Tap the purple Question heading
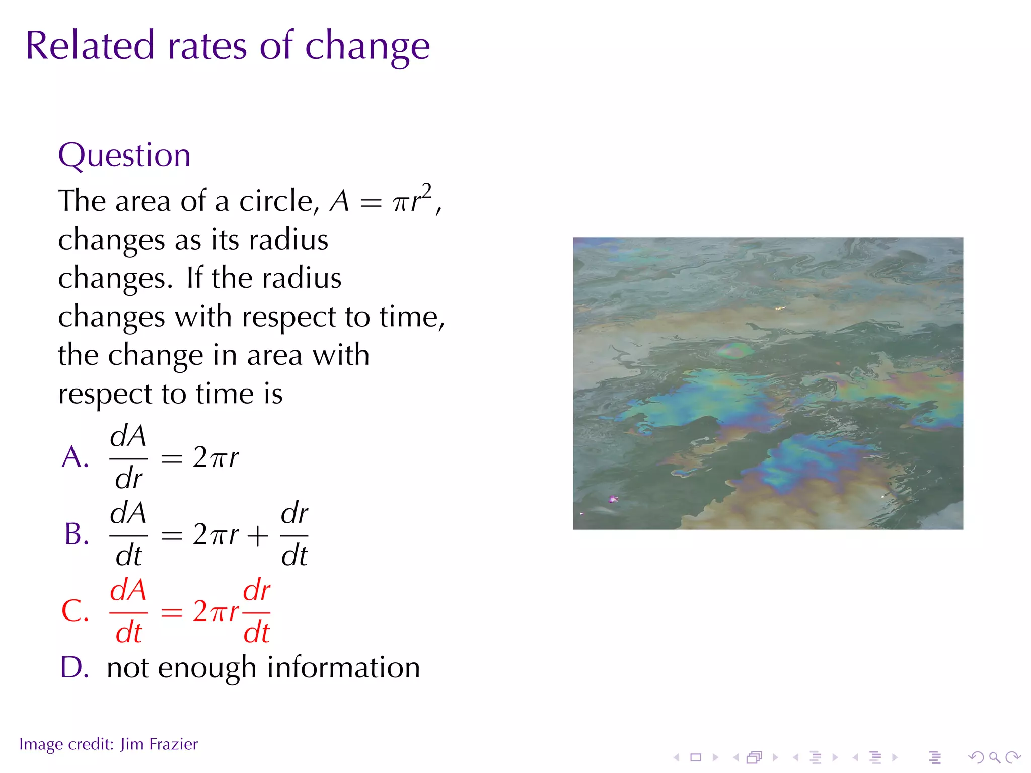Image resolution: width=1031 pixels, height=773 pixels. point(124,155)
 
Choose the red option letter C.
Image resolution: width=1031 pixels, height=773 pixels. point(75,611)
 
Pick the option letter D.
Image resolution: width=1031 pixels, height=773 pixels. point(75,668)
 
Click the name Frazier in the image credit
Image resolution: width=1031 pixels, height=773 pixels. point(173,744)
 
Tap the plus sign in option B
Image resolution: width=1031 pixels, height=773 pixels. point(258,535)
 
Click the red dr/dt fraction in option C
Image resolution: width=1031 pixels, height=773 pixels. point(257,611)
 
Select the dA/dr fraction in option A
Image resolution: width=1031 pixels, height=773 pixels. point(128,457)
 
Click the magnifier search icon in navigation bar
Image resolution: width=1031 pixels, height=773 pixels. point(994,757)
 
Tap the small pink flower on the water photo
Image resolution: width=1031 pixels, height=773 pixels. point(613,499)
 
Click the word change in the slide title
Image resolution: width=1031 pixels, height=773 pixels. point(367,46)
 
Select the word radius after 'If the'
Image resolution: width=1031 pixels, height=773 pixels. point(302,278)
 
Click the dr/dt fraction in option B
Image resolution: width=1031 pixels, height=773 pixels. point(294,534)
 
